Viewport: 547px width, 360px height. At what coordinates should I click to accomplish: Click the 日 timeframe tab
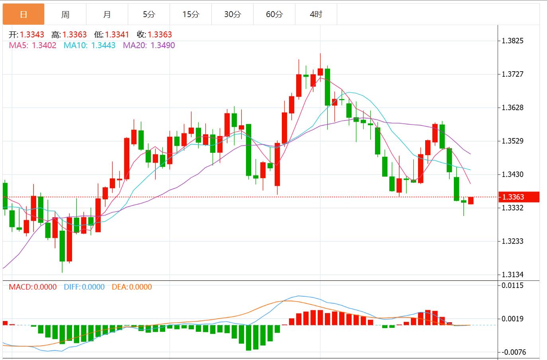[23, 15]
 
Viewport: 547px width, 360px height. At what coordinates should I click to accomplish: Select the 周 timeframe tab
[65, 15]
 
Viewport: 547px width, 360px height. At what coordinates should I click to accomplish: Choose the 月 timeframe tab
[107, 15]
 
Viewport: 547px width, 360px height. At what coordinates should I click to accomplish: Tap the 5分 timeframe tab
[149, 15]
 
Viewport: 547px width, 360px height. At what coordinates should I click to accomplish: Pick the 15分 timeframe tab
[191, 15]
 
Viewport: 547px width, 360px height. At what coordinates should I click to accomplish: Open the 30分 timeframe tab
[232, 15]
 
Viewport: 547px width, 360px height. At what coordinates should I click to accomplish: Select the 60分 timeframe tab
[274, 15]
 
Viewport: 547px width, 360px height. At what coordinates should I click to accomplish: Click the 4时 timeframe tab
[316, 15]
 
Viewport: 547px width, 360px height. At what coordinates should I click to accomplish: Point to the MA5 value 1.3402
[44, 45]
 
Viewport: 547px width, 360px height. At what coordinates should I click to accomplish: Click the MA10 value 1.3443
[104, 45]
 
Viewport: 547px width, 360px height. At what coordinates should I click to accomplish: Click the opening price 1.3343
[32, 35]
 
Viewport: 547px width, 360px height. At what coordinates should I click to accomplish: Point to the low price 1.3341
[117, 35]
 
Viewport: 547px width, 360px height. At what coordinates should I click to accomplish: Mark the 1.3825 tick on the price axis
[513, 41]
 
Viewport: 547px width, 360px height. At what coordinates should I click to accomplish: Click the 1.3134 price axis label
[513, 275]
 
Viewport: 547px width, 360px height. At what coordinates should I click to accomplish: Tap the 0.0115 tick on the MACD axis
[513, 285]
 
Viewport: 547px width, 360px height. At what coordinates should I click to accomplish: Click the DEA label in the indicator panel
[119, 287]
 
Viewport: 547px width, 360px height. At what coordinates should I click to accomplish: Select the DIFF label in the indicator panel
[72, 287]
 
